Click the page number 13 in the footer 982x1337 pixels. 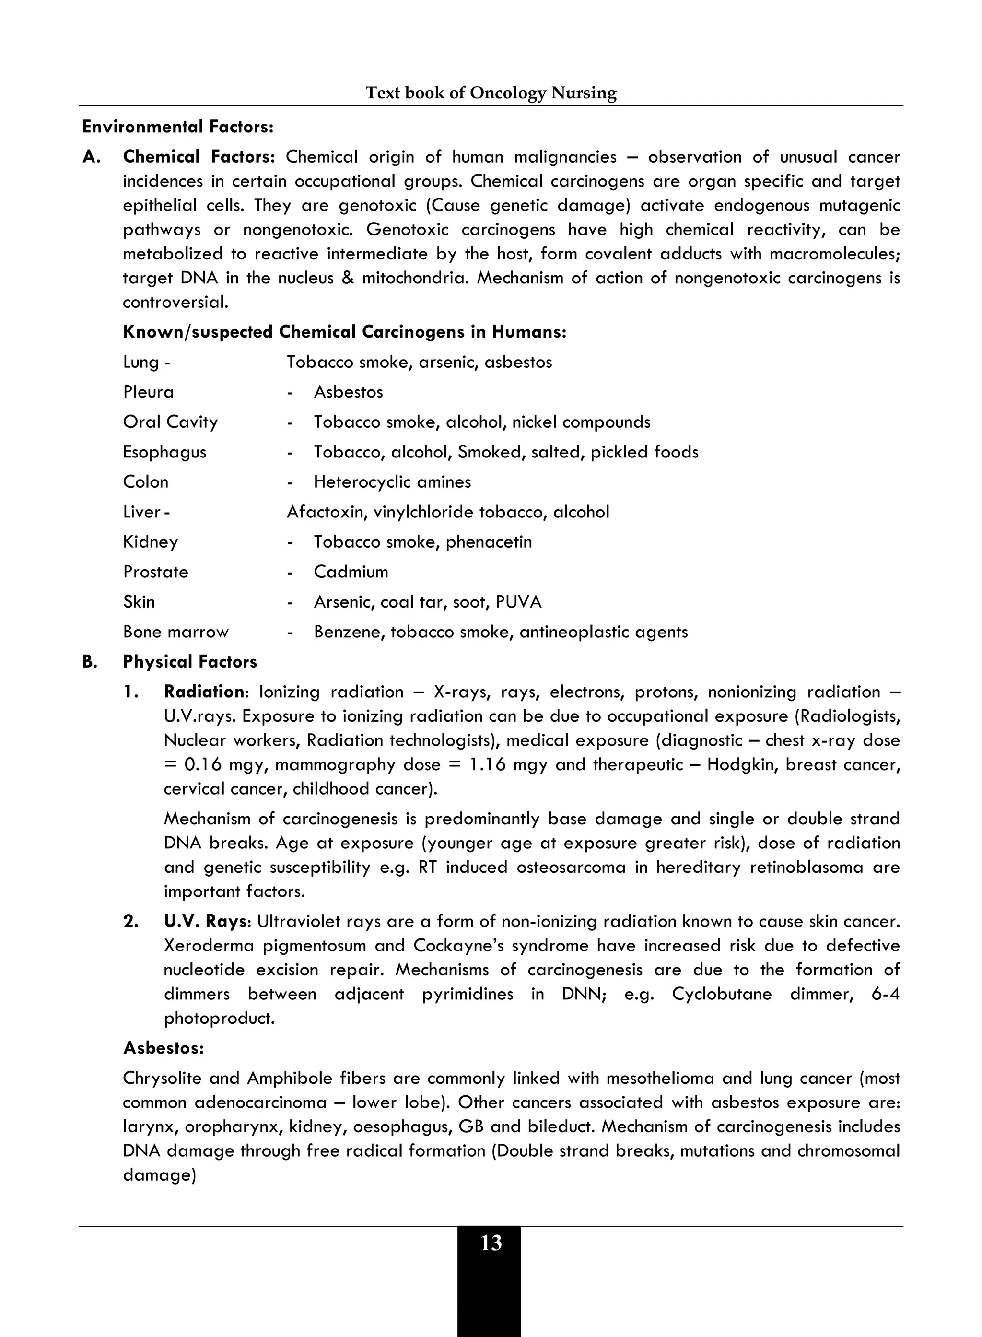491,1243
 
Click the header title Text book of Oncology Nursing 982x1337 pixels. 491,93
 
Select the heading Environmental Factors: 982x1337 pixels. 177,127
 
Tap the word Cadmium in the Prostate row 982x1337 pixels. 351,572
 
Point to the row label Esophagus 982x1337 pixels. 164,452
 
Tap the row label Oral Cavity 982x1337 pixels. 170,422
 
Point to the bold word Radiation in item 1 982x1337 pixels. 203,692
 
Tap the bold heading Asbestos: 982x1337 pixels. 164,1048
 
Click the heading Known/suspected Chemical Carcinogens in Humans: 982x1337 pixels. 344,332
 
